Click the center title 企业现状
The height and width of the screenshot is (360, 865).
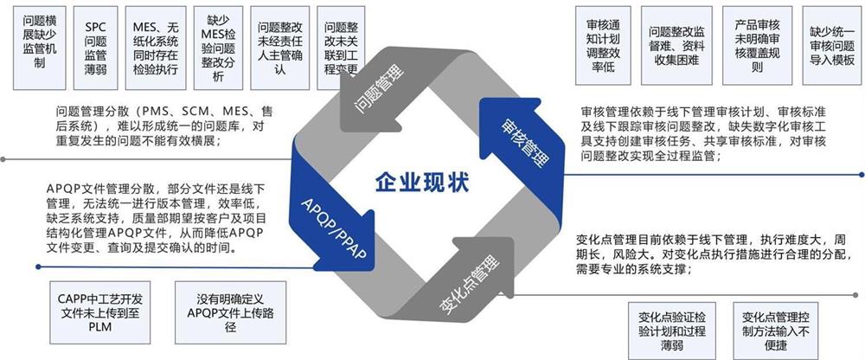(x=422, y=183)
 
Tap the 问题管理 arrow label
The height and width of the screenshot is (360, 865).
(x=380, y=88)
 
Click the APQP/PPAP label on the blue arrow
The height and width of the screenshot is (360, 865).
(x=334, y=228)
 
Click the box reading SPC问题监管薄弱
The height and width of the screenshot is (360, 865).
(x=95, y=48)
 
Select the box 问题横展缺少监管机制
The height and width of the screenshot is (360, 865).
(x=39, y=48)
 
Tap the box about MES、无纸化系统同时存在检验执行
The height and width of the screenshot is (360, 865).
(x=156, y=48)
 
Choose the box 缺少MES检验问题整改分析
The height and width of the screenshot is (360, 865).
(x=219, y=48)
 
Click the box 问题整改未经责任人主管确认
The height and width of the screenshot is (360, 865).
(x=280, y=48)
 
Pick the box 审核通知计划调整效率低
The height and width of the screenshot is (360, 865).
(x=603, y=46)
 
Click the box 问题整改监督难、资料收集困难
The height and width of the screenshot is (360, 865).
(x=677, y=46)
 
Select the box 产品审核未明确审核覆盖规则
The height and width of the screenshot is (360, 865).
(x=758, y=46)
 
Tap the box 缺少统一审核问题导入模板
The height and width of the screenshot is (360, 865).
(x=832, y=46)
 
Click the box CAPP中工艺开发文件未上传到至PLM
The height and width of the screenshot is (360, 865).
(x=99, y=312)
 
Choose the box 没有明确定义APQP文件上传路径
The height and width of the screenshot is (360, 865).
(x=231, y=312)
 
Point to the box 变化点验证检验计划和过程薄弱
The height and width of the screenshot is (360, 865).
(x=672, y=331)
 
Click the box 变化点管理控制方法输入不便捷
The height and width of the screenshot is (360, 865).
(x=775, y=331)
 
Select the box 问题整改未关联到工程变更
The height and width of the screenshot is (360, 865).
(x=341, y=48)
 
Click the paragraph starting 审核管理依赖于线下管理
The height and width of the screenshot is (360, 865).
(x=703, y=133)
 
